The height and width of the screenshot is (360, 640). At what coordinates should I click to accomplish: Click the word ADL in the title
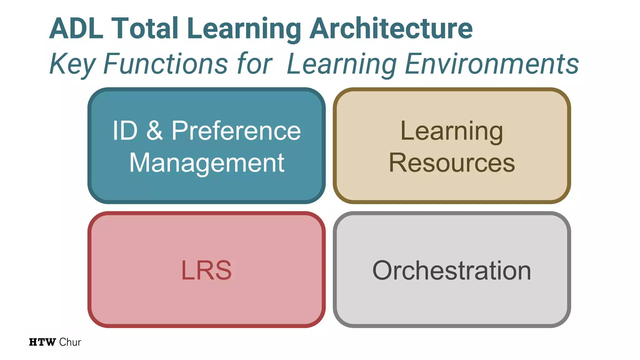coord(76,29)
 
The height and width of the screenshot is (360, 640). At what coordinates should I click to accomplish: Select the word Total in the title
coord(145,29)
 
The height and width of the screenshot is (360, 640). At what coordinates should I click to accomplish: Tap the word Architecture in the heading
coord(391,29)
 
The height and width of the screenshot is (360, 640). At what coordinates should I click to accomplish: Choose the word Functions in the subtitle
coord(165,64)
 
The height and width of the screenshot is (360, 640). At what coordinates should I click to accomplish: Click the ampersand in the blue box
coord(154,131)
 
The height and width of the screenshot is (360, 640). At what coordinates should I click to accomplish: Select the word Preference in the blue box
coord(236,131)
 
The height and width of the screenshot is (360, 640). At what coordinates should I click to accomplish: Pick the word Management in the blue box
coord(207,163)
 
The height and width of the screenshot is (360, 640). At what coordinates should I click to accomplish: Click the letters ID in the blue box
coord(125,131)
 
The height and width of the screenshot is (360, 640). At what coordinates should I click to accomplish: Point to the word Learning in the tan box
coord(452,131)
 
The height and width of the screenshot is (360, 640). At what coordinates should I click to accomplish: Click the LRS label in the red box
coord(206,270)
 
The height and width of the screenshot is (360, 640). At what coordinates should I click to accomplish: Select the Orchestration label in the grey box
coord(452,270)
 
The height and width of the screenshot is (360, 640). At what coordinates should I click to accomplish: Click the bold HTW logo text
coord(42,342)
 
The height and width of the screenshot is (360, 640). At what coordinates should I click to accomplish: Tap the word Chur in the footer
coord(70,342)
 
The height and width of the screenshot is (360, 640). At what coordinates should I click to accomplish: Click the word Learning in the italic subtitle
coord(342,64)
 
